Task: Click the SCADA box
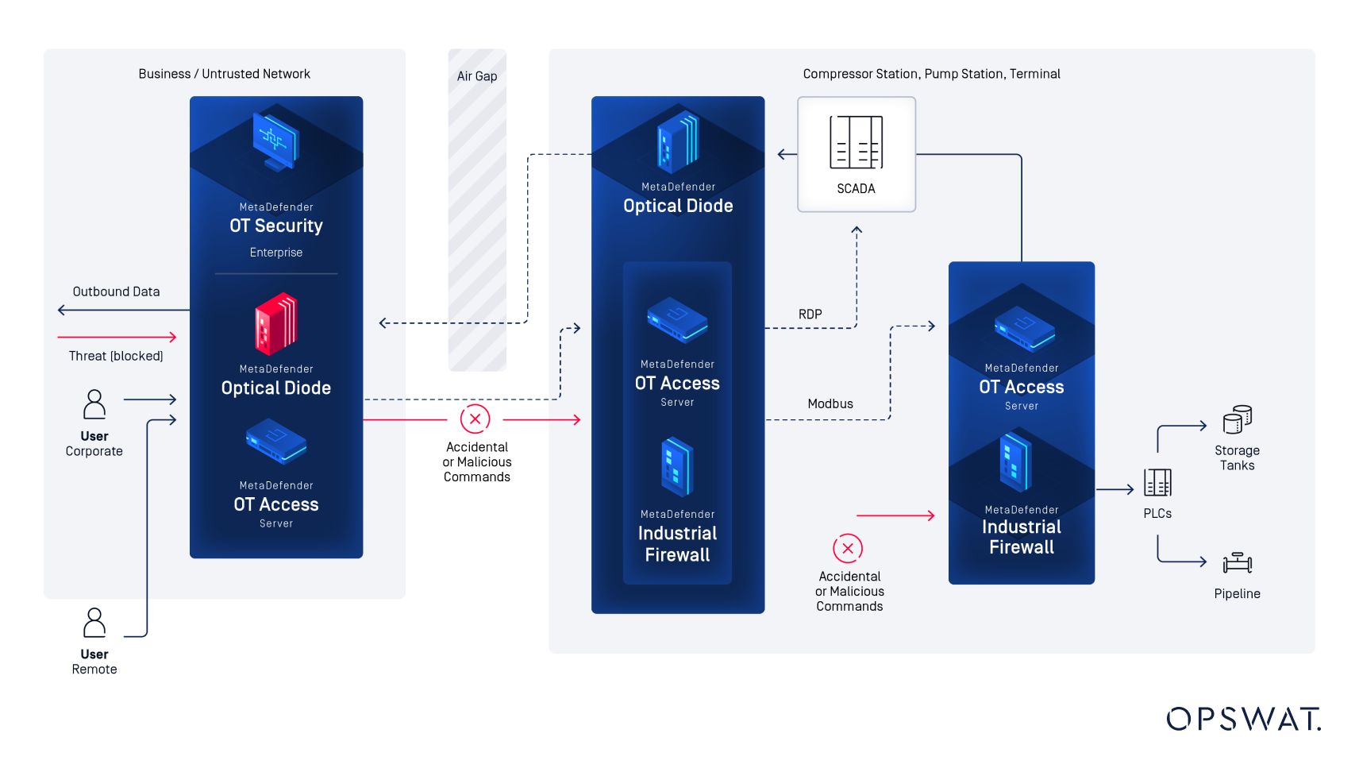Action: pos(856,154)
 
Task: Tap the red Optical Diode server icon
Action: pos(275,324)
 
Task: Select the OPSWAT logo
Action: pos(1243,719)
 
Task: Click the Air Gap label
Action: pos(476,76)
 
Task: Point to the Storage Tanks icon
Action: pos(1237,419)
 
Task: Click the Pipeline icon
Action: pos(1237,562)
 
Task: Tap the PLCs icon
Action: pos(1157,482)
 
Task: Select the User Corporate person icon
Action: pos(94,404)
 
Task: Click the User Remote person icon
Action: pos(94,623)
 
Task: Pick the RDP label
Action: pos(810,315)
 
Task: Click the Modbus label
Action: pos(830,403)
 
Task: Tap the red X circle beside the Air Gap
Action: pos(475,419)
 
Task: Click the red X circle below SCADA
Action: pos(847,548)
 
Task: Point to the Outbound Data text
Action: pos(116,291)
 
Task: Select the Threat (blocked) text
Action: pos(116,356)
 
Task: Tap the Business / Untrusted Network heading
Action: pos(224,74)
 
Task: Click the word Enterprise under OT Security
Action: pos(275,253)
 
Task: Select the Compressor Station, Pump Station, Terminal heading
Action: pos(930,74)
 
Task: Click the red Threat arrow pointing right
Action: pos(117,337)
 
